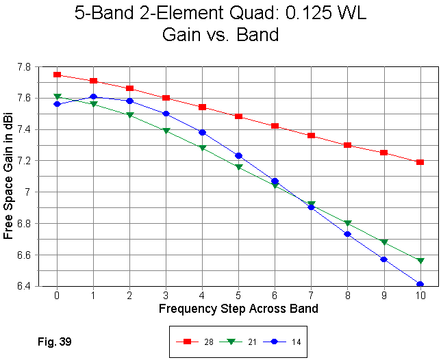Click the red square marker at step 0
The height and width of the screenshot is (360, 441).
[57, 75]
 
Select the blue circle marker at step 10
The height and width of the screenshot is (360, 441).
[420, 284]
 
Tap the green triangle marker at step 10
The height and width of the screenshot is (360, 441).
[420, 261]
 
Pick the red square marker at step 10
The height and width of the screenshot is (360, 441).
[420, 162]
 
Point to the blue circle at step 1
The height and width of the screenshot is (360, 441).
[93, 97]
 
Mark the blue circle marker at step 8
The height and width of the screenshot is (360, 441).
[348, 234]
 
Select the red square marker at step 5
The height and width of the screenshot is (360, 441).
[238, 116]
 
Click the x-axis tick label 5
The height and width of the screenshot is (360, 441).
[238, 296]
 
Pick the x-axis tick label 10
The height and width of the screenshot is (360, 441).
[420, 296]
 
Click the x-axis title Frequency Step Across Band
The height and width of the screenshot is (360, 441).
[238, 309]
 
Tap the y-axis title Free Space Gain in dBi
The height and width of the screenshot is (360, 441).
[9, 177]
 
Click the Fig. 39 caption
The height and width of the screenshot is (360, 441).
[55, 341]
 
